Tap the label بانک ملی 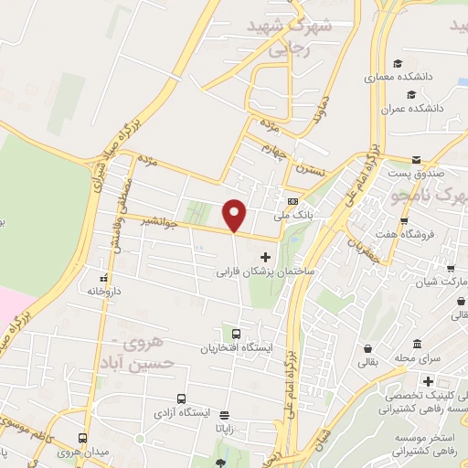pyautogui.click(x=292, y=218)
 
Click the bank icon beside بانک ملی pyautogui.click(x=292, y=202)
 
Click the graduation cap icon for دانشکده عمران pyautogui.click(x=413, y=93)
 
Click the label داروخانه pyautogui.click(x=107, y=290)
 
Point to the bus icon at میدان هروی pyautogui.click(x=83, y=438)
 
